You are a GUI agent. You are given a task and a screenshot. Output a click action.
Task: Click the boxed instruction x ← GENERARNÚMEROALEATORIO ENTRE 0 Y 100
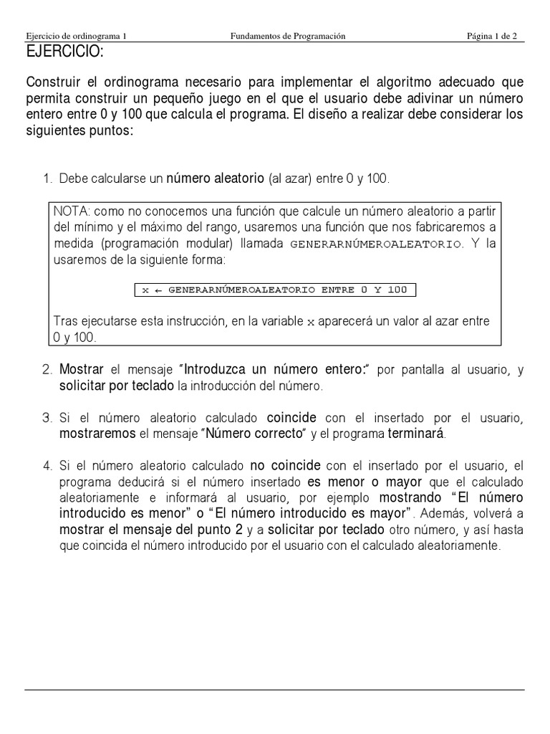pos(275,290)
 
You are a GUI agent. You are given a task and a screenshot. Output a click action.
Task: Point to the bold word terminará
pos(416,434)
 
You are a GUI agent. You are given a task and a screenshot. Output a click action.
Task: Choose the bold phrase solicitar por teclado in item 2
pos(117,386)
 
